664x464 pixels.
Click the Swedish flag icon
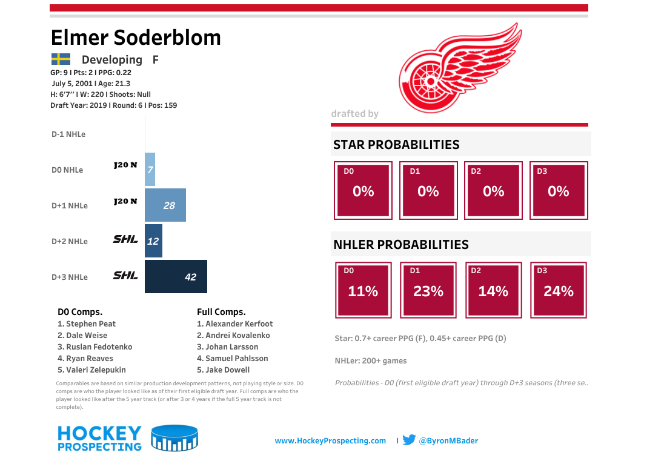point(61,59)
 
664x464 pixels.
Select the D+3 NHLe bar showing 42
point(176,277)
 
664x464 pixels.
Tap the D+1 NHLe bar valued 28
point(165,205)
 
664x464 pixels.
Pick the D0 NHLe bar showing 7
point(150,170)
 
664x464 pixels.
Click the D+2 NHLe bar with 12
point(153,241)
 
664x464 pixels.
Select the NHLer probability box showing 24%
point(558,290)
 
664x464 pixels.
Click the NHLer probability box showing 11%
point(363,290)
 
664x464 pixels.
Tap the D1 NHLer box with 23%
point(428,290)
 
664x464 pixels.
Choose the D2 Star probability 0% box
point(493,190)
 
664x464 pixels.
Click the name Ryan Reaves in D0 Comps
point(85,358)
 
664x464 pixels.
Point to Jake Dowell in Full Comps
point(223,370)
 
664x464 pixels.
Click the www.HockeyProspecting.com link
point(330,441)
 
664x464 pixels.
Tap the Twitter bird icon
point(409,440)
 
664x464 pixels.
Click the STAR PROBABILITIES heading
point(396,145)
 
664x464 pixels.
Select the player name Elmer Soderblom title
point(136,38)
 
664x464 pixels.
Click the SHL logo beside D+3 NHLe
point(125,276)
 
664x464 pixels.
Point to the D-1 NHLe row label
point(68,134)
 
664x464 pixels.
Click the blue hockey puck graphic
point(174,439)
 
